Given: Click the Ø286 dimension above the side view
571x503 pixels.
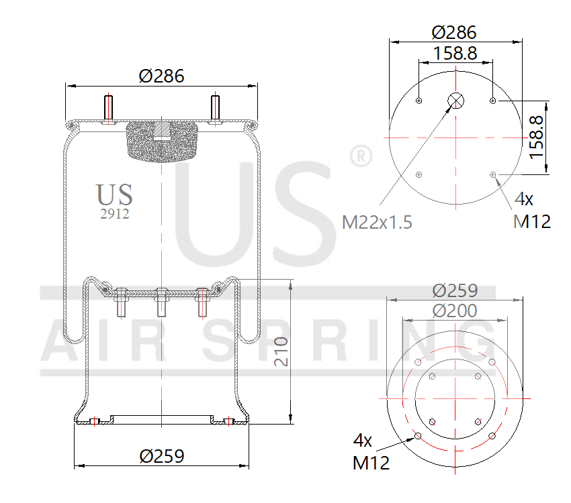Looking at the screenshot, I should click(x=161, y=76).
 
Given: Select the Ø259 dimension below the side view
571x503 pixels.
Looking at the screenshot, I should click(x=161, y=456).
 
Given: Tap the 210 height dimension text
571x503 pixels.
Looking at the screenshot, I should click(x=280, y=351).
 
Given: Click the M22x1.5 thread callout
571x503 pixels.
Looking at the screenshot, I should click(x=377, y=222).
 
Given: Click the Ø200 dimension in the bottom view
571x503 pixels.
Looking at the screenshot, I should click(x=455, y=311).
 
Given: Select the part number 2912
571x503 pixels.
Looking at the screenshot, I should click(x=114, y=215).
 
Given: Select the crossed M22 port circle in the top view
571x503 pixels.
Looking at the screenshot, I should click(x=455, y=101).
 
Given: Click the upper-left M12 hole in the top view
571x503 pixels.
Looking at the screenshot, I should click(x=419, y=101).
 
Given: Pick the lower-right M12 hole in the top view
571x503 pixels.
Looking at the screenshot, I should click(x=493, y=175).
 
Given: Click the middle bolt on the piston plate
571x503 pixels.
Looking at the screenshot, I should click(x=161, y=302).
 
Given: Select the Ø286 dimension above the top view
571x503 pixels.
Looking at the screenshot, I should click(x=455, y=32).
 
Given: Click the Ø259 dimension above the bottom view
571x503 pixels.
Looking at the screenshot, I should click(x=455, y=290).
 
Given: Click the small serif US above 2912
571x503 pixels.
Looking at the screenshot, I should click(x=114, y=194).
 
